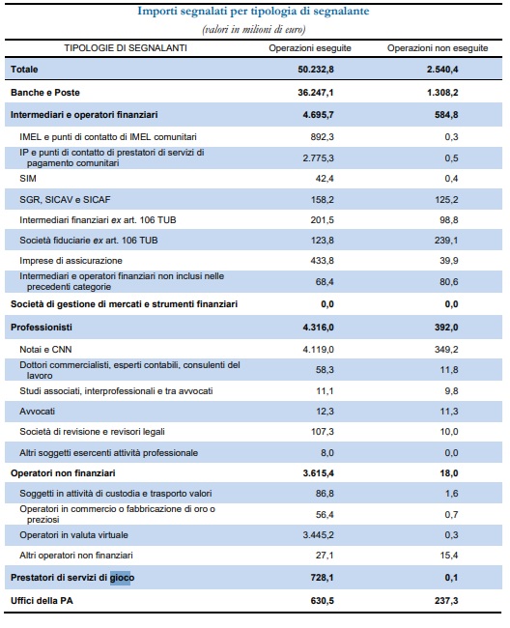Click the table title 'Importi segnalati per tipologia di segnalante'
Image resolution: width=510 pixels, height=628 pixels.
(253, 12)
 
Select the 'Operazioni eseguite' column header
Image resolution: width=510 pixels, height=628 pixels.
(310, 48)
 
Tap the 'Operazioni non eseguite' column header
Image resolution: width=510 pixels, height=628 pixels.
(438, 48)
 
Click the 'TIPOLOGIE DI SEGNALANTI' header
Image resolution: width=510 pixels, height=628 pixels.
(126, 48)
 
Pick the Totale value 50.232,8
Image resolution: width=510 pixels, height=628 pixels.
(316, 70)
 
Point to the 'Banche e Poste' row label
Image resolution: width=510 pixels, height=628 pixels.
(45, 93)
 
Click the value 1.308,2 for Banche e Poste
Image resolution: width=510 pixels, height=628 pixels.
(442, 93)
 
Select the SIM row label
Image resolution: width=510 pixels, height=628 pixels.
(28, 179)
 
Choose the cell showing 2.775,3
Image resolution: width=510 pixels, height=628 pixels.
(318, 158)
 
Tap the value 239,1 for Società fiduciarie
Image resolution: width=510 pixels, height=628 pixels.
(446, 241)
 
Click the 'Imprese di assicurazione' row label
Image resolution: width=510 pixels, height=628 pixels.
(71, 261)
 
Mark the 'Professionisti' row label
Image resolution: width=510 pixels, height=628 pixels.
(42, 328)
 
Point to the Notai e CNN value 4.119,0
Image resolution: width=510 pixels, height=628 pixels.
(318, 350)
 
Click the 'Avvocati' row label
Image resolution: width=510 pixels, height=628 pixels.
(38, 412)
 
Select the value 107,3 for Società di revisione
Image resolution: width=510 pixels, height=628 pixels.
(323, 432)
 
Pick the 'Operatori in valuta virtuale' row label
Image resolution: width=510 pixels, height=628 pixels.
(73, 535)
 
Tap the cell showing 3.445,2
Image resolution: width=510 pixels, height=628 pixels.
(318, 535)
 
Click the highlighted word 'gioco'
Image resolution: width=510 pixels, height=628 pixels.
(122, 578)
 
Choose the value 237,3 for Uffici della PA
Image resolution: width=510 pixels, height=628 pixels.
(446, 601)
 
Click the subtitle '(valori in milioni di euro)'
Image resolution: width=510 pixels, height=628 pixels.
(254, 29)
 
